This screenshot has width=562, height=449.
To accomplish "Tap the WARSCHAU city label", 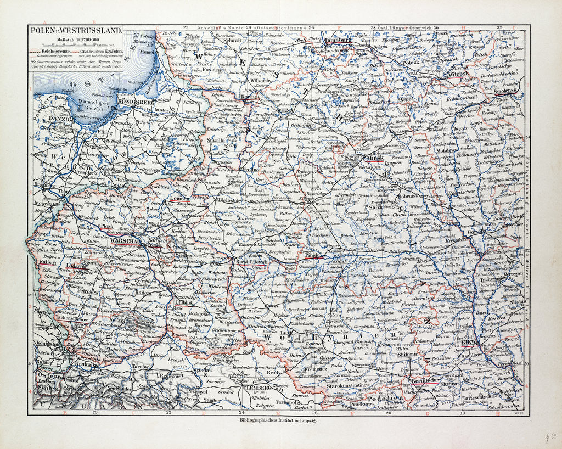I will coord(125,240).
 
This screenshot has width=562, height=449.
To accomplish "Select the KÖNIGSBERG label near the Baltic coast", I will coord(134,102).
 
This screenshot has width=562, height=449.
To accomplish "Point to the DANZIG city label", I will coord(48,119).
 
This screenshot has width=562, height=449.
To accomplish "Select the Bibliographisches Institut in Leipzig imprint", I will coord(279,420).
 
